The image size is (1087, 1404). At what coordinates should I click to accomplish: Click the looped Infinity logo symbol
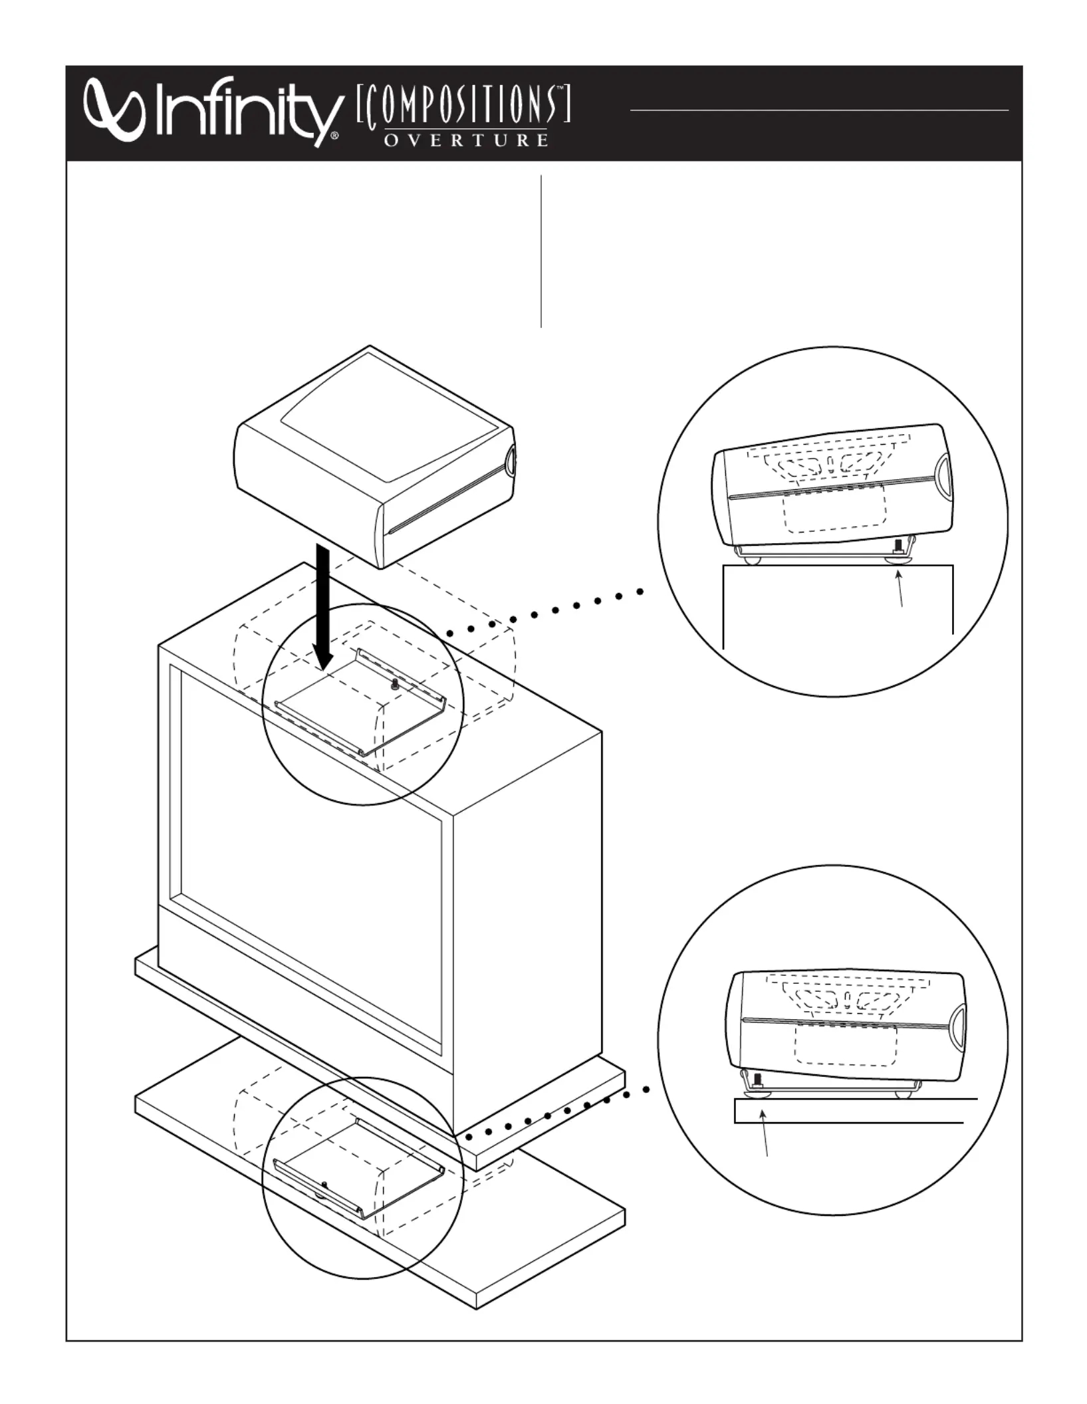click(x=115, y=110)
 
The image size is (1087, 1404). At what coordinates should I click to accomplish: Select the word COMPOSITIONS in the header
click(x=463, y=106)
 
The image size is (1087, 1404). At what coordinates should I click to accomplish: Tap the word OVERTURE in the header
click(x=466, y=140)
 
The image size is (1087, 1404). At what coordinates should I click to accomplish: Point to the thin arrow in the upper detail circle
click(x=900, y=589)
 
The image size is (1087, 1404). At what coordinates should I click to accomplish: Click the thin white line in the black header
click(x=819, y=110)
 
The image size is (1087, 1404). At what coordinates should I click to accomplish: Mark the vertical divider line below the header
click(x=541, y=251)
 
